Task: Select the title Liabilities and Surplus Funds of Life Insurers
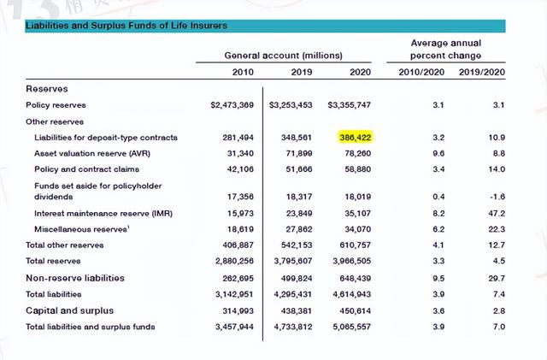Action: [x=126, y=26]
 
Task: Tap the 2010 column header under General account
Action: [x=243, y=72]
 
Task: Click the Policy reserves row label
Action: [x=56, y=105]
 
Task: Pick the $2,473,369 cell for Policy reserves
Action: [x=232, y=105]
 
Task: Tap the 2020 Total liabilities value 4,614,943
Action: [x=350, y=293]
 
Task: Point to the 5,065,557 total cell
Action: [x=350, y=327]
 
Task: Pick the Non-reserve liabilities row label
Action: [x=75, y=278]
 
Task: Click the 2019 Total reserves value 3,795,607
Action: [x=291, y=260]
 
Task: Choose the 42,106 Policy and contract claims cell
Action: [x=238, y=169]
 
